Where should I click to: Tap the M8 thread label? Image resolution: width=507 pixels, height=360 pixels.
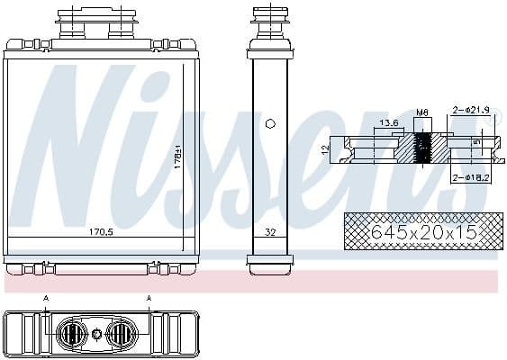[x=421, y=112]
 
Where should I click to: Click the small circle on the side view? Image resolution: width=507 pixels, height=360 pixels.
[x=269, y=125]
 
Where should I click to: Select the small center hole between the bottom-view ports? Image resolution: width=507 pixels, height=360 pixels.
[x=95, y=335]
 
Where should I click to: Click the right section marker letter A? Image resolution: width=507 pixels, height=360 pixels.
[x=149, y=297]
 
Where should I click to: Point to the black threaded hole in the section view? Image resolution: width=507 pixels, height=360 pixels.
[x=421, y=148]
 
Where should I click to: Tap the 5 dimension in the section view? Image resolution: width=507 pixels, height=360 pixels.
[x=478, y=141]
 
